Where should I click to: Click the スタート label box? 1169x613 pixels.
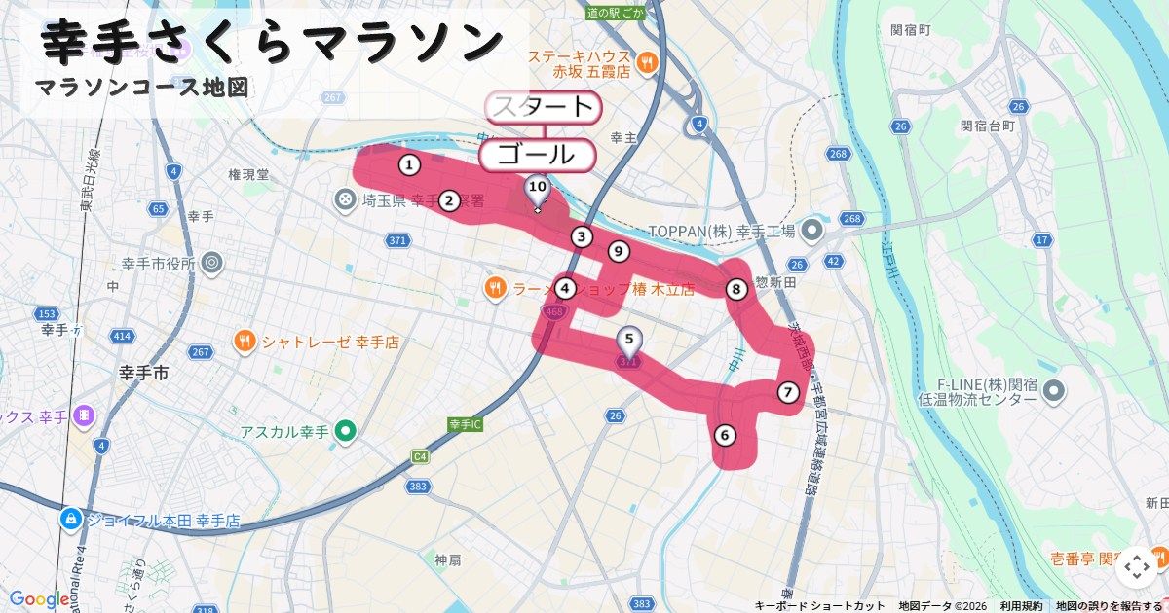click(543, 107)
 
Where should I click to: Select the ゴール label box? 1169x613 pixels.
click(536, 155)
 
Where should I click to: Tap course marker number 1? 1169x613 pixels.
click(410, 164)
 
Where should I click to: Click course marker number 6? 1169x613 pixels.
click(724, 435)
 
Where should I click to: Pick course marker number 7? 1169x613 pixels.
click(788, 392)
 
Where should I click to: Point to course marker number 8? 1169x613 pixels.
click(736, 289)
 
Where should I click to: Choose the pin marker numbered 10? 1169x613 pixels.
click(537, 187)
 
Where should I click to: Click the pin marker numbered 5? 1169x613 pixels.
click(629, 341)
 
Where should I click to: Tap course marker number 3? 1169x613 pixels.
click(582, 236)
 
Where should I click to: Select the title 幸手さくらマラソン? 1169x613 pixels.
click(274, 42)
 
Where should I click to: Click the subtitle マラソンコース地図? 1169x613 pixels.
click(141, 88)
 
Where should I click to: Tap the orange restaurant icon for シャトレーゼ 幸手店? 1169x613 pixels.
click(244, 342)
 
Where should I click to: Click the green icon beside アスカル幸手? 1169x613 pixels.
click(345, 430)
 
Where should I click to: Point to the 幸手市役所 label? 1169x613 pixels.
click(159, 263)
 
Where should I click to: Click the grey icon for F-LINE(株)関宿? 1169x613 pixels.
click(1053, 391)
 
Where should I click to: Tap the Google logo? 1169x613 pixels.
click(39, 599)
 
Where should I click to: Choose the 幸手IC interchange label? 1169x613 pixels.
click(466, 424)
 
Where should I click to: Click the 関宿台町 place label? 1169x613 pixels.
click(987, 126)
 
